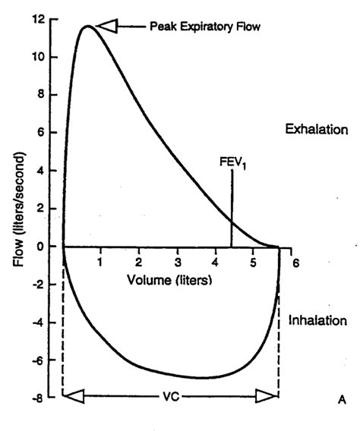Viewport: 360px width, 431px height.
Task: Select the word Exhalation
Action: [x=315, y=130]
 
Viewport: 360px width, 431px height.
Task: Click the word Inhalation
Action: [x=317, y=321]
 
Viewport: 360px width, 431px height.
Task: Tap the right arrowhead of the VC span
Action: [x=269, y=395]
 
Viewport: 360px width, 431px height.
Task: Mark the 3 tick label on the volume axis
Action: [x=177, y=262]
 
